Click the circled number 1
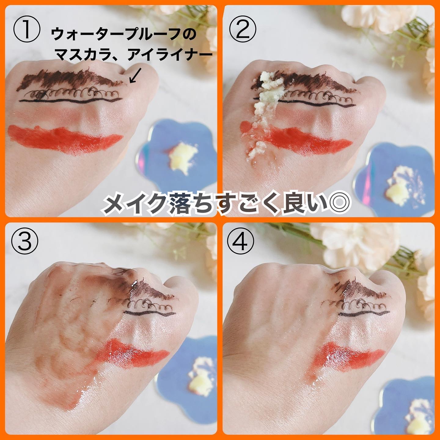point(27,29)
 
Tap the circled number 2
point(243,29)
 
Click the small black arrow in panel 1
point(135,75)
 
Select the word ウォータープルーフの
point(124,35)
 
